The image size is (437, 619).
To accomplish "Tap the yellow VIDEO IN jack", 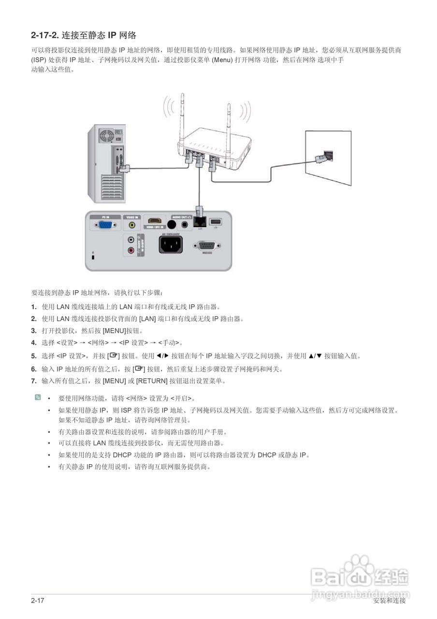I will coord(131,225).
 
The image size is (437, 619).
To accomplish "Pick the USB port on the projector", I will coord(216,221).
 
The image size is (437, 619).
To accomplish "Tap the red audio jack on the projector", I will coord(131,250).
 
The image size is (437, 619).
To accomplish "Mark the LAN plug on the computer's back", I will coord(124,168).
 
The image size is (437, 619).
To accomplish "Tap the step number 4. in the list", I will coord(34,343).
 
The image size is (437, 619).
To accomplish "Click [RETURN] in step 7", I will coord(152,381).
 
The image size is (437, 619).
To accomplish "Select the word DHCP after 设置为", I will coord(267,455).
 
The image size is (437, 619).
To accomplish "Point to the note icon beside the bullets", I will coord(38,398).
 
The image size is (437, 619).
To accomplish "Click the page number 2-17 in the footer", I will coord(37,601).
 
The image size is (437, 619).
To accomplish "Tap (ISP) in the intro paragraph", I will coord(39,60).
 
